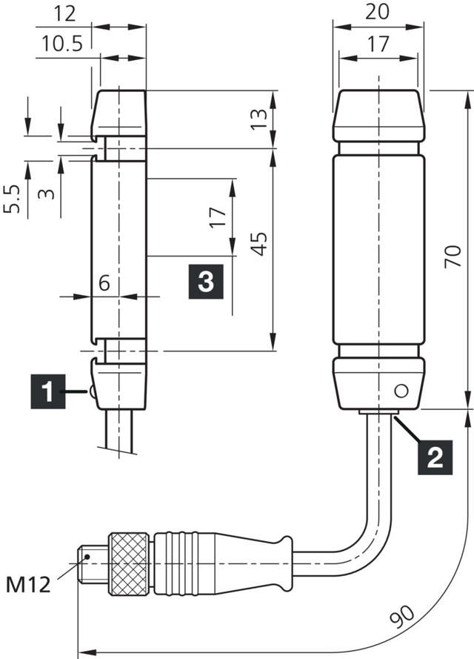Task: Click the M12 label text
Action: tap(29, 585)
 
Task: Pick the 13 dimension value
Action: tap(258, 119)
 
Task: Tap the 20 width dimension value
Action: tap(378, 11)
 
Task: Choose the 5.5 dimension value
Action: tap(12, 199)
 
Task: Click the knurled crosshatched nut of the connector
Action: tap(130, 563)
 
